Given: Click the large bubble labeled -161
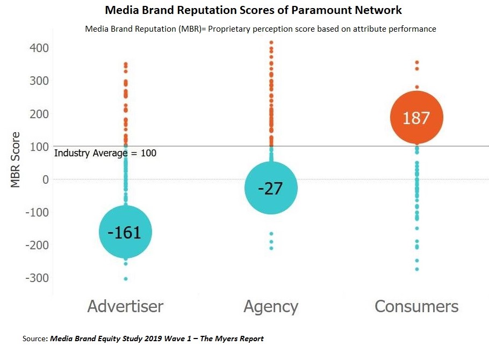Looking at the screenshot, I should click(x=126, y=232).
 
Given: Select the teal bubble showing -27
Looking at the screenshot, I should click(x=271, y=188).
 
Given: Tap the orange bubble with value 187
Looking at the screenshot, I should click(x=416, y=118).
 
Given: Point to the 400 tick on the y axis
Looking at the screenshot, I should click(x=37, y=48).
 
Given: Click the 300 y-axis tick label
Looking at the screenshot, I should click(x=37, y=81).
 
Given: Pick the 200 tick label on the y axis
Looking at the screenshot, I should click(x=37, y=114).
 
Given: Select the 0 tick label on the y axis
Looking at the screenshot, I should click(x=45, y=179).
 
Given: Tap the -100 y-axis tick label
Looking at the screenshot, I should click(x=33, y=212).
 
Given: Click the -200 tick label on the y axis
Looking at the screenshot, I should click(x=33, y=245).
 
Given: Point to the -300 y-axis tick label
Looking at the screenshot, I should click(x=33, y=278).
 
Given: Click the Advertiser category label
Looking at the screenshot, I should click(x=125, y=306).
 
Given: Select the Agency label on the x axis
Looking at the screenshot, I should click(x=271, y=306).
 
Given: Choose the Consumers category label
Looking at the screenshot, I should click(x=416, y=306).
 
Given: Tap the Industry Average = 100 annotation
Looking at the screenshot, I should click(x=105, y=153).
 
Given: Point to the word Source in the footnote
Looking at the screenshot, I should click(x=35, y=339).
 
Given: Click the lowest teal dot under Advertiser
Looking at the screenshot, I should click(x=126, y=278).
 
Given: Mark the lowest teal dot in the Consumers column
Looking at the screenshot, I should click(x=416, y=269).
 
